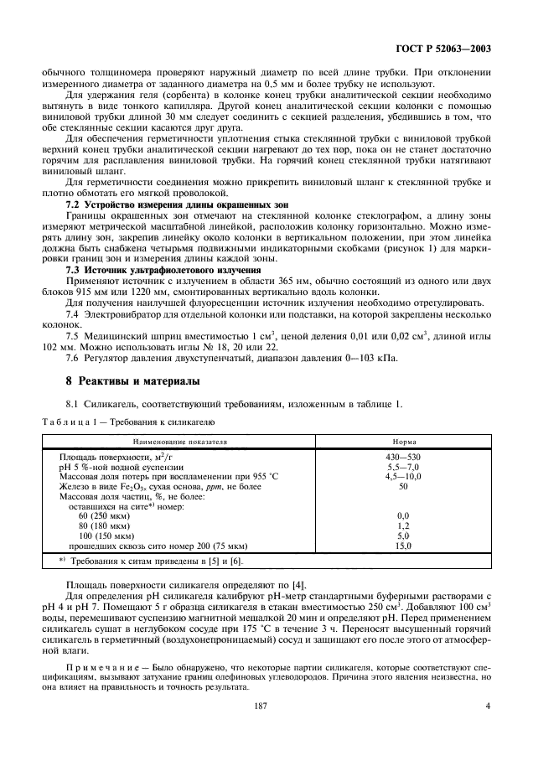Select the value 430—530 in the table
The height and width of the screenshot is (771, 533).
(403, 456)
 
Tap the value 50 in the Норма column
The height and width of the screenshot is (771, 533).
(403, 485)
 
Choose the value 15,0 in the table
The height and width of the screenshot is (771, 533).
(403, 546)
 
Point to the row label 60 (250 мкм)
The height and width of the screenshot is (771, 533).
(106, 515)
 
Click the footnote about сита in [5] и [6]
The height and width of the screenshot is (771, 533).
(151, 561)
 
